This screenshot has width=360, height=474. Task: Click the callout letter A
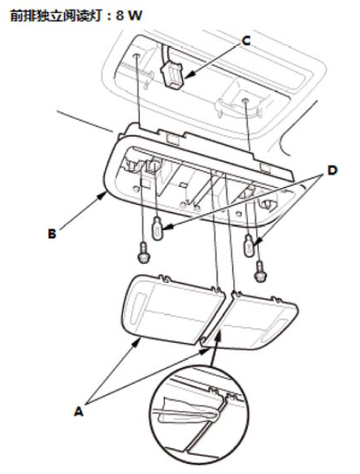click(x=78, y=411)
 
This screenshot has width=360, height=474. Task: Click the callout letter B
click(x=52, y=234)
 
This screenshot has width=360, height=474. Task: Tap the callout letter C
click(x=246, y=41)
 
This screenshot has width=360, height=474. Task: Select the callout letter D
click(x=332, y=171)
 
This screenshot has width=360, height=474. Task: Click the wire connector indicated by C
click(x=173, y=76)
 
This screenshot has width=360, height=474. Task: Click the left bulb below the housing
click(x=157, y=228)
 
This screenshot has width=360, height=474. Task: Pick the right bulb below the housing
click(x=249, y=245)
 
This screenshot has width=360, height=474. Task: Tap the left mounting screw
click(x=144, y=252)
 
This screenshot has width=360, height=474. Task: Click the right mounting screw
click(x=260, y=272)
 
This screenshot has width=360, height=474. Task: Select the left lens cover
click(x=173, y=309)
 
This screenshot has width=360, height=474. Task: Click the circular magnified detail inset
click(x=200, y=415)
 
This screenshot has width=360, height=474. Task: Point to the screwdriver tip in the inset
click(x=217, y=416)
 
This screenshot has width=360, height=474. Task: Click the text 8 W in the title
click(x=129, y=15)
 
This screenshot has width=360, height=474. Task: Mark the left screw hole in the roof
click(x=137, y=56)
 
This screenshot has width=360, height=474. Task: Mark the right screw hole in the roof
click(x=246, y=100)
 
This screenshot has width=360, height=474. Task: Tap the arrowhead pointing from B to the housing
click(x=102, y=197)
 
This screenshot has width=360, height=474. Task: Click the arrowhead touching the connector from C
click(x=188, y=77)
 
